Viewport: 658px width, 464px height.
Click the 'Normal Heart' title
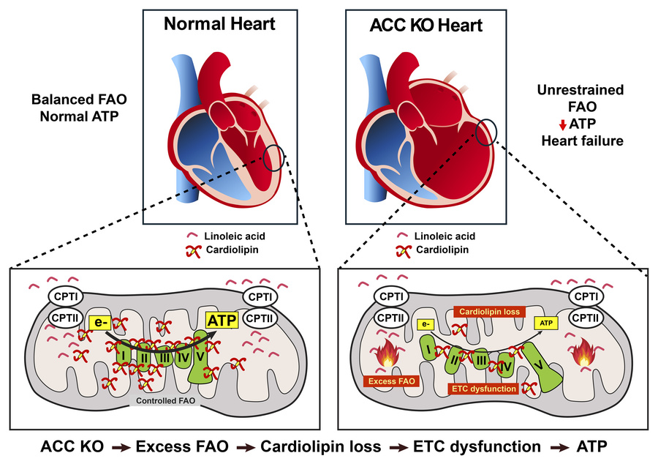pos(219,24)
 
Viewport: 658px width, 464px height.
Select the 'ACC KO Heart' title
pos(426,25)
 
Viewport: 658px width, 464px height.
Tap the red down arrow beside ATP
pos(563,124)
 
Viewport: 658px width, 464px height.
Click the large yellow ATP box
pos(222,321)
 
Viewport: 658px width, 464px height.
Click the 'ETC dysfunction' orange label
pos(484,389)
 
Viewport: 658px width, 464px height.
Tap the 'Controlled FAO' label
pos(165,400)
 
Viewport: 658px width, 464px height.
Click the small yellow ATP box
pos(546,323)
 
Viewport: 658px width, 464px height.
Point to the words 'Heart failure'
pos(582,141)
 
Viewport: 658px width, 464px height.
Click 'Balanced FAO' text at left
pos(79,100)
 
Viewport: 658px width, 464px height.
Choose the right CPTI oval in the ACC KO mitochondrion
pos(586,297)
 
